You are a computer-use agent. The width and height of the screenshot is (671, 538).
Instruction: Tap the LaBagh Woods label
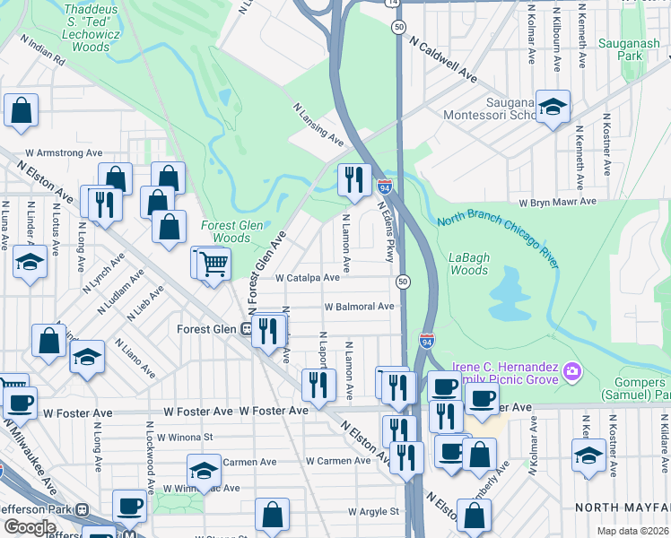468,264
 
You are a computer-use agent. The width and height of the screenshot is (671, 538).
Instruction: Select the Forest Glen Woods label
225,231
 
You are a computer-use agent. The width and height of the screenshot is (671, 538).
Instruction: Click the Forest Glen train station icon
244,329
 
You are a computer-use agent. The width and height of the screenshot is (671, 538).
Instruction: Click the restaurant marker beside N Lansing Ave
353,179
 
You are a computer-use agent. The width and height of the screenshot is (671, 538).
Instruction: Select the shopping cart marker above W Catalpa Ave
213,264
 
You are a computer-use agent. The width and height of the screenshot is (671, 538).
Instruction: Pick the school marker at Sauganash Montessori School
553,107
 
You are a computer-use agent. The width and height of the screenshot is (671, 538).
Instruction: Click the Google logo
30,527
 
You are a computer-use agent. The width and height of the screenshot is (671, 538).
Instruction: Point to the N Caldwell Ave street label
444,59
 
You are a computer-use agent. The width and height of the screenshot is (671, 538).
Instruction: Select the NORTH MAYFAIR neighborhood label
623,507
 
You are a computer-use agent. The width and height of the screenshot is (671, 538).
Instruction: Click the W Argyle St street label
373,511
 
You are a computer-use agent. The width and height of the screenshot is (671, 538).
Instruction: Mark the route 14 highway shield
392,3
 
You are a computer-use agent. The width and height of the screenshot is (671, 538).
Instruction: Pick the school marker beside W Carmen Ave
204,470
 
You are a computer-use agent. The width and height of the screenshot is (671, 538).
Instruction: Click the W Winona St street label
184,438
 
